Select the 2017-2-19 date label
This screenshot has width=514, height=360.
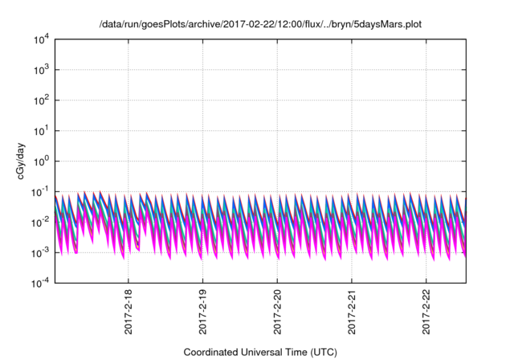[202, 313]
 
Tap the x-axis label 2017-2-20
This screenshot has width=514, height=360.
[277, 313]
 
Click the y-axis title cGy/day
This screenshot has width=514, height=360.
[14, 161]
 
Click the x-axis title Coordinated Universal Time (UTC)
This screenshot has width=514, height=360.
[259, 352]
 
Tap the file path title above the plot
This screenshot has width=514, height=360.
[259, 24]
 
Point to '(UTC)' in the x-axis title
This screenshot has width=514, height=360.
[320, 352]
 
